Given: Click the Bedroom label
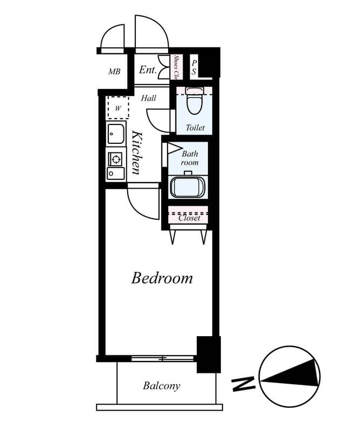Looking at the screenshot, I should [162, 278].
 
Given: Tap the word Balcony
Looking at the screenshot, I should [161, 386].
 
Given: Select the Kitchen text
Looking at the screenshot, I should [136, 152].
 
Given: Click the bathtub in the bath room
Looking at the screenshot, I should [188, 187].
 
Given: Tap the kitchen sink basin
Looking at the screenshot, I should [115, 133].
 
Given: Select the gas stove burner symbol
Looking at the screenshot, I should [115, 159].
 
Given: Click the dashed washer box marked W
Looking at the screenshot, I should [117, 107].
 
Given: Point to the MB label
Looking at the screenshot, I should [114, 72].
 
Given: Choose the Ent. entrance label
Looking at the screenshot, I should [148, 70].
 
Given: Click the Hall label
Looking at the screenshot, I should [149, 98].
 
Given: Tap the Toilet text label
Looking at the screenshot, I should [195, 128].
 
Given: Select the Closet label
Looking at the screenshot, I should [189, 218].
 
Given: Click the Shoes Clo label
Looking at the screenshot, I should [176, 67].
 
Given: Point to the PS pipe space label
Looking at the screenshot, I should [194, 67].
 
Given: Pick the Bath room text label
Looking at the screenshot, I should [190, 158].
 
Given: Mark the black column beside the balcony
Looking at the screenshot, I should [208, 354].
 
